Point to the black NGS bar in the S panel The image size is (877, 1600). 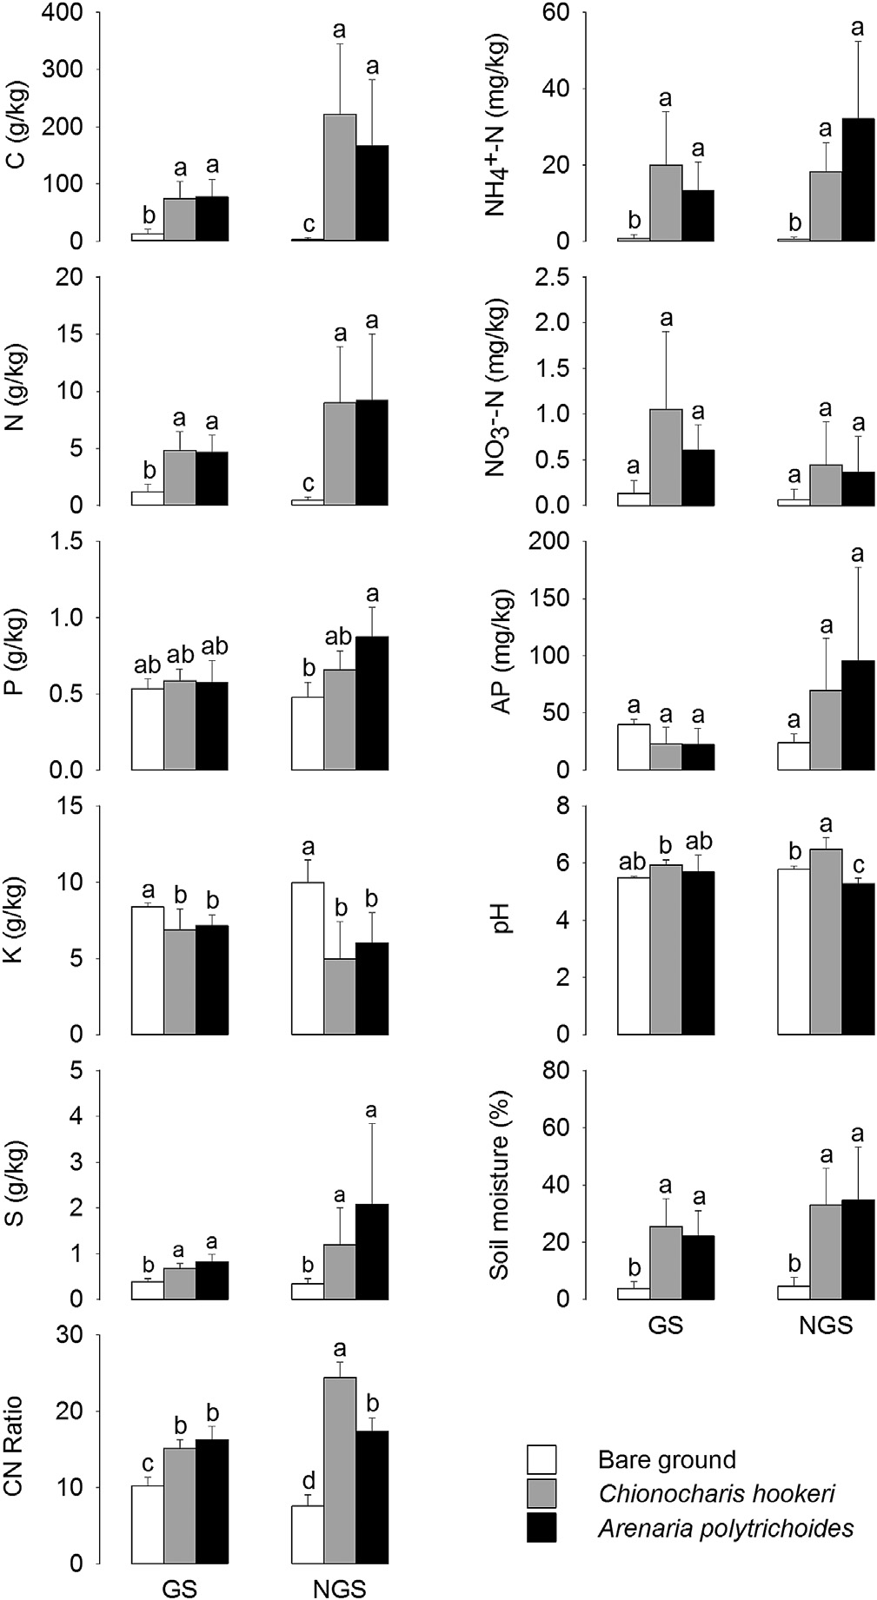coord(371,1252)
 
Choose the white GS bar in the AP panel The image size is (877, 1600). coord(634,747)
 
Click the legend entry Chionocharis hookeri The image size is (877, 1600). coord(716,1493)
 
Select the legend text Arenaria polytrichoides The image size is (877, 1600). coord(726,1529)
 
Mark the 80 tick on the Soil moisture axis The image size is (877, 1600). coord(556,1071)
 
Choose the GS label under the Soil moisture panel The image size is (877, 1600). coord(665,1326)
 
